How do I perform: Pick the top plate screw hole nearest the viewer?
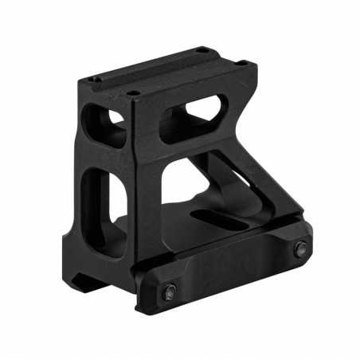[x=135, y=93]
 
